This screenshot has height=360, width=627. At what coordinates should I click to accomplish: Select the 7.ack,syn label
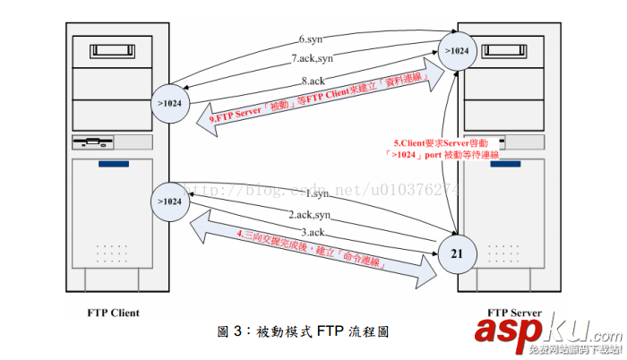click(311, 59)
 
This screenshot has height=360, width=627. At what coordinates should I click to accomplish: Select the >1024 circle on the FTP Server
click(457, 49)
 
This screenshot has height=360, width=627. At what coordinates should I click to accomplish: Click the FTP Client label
click(113, 313)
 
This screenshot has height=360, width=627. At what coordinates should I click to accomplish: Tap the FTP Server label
click(517, 313)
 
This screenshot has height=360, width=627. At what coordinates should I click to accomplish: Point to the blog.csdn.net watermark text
click(322, 189)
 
